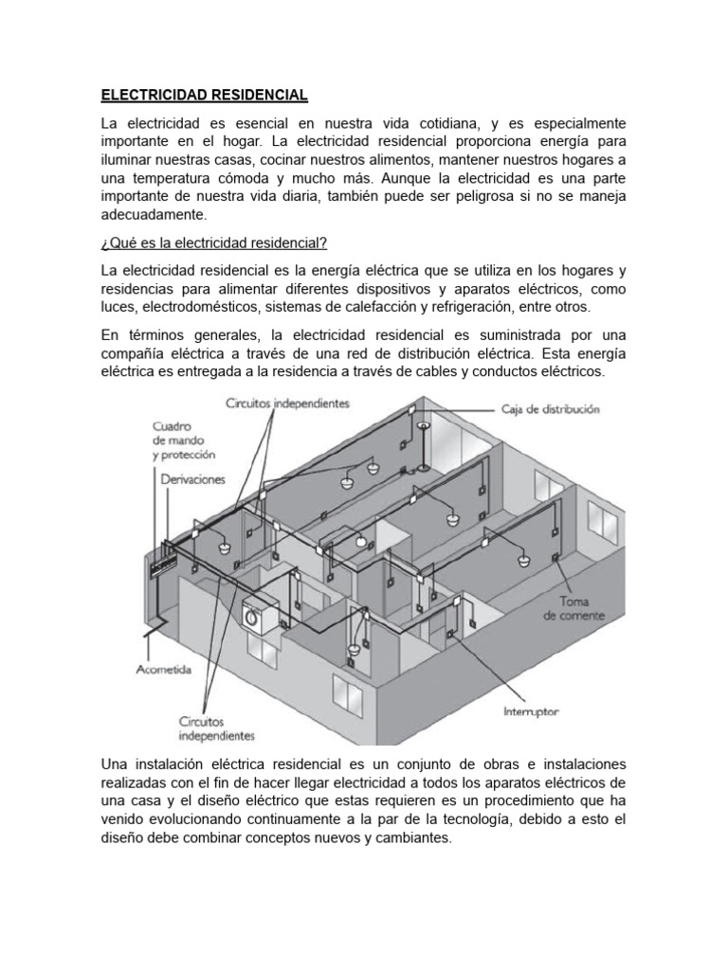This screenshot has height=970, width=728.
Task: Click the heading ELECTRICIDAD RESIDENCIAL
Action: click(x=204, y=96)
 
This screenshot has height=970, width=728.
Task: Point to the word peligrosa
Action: click(x=496, y=197)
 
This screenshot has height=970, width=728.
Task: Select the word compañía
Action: click(x=138, y=356)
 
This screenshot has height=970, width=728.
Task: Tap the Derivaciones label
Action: click(x=192, y=479)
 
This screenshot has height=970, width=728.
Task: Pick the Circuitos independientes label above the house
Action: click(x=287, y=403)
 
